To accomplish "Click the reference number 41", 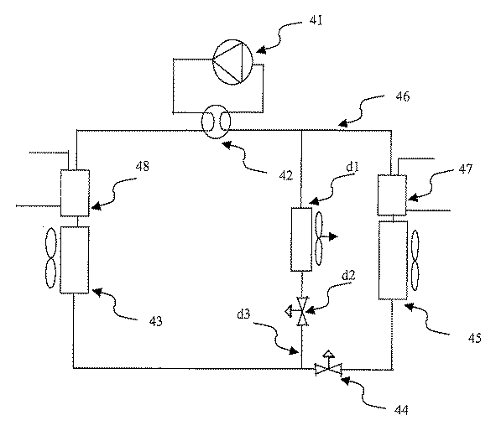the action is click(316, 21).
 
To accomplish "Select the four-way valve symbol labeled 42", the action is click(216, 122).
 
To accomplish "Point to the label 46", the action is click(402, 96).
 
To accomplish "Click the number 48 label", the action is click(143, 166).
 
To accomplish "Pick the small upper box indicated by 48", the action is click(75, 193).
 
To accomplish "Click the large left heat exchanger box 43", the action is click(75, 259).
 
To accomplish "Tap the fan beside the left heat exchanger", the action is click(51, 258).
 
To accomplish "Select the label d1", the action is click(352, 167).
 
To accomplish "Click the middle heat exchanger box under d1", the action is click(301, 239).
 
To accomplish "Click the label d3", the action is click(244, 314).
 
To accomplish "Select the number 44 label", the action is click(401, 410).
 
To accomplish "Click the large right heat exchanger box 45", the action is click(393, 260).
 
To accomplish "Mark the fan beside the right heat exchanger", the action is click(415, 260).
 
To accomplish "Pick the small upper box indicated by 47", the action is click(392, 195).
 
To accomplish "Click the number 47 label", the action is click(465, 169).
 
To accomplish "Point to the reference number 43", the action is click(155, 321).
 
